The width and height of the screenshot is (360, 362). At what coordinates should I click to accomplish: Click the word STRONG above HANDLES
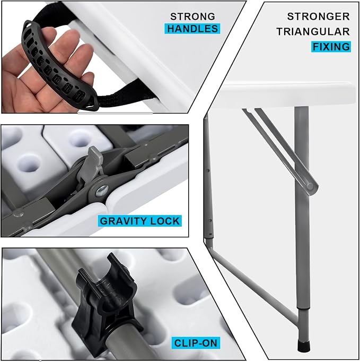(192, 16)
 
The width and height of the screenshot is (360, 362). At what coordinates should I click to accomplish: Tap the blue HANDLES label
(192, 29)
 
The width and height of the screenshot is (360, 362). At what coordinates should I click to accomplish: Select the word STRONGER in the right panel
(318, 16)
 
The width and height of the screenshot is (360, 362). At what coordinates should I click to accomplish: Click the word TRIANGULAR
(313, 32)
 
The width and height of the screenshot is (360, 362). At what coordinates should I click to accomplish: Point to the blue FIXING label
(331, 47)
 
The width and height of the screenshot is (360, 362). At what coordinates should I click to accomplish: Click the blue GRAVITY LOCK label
(140, 221)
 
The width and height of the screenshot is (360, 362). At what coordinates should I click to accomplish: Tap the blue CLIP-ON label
(196, 343)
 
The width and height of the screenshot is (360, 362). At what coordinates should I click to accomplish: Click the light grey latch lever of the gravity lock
(91, 165)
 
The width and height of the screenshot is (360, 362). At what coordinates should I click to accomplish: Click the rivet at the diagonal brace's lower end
(310, 186)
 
